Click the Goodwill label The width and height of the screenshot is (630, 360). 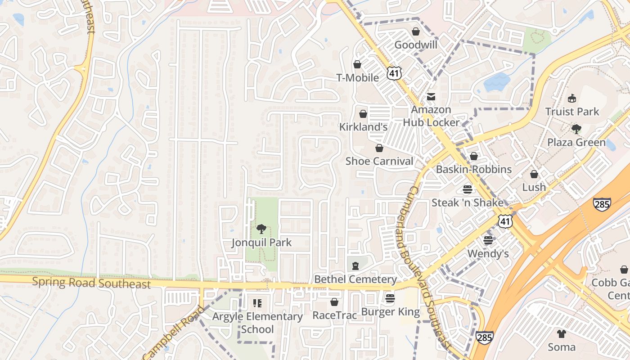pyautogui.click(x=416, y=45)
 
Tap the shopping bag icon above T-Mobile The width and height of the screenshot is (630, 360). pyautogui.click(x=357, y=64)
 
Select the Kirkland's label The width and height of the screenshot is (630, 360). pyautogui.click(x=363, y=127)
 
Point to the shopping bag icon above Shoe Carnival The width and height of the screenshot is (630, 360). pyautogui.click(x=379, y=148)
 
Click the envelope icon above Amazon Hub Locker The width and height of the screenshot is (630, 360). pyautogui.click(x=431, y=97)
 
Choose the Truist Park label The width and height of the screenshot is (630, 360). pyautogui.click(x=572, y=112)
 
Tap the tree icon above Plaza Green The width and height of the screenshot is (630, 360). pyautogui.click(x=576, y=130)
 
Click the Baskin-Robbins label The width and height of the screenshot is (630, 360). pyautogui.click(x=474, y=169)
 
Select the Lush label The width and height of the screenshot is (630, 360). pyautogui.click(x=534, y=187)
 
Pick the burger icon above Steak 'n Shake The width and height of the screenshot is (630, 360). pyautogui.click(x=468, y=189)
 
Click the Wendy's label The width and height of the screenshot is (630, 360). pyautogui.click(x=488, y=254)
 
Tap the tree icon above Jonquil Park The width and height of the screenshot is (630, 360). pyautogui.click(x=261, y=229)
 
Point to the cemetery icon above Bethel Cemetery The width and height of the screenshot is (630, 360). pyautogui.click(x=355, y=266)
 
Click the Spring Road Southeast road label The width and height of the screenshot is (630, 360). pyautogui.click(x=91, y=283)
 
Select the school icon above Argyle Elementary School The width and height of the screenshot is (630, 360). pyautogui.click(x=257, y=303)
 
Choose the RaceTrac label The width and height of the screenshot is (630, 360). pyautogui.click(x=334, y=315)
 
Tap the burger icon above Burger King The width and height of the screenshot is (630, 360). pyautogui.click(x=390, y=298)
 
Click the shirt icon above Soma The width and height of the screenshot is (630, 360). pyautogui.click(x=561, y=333)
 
